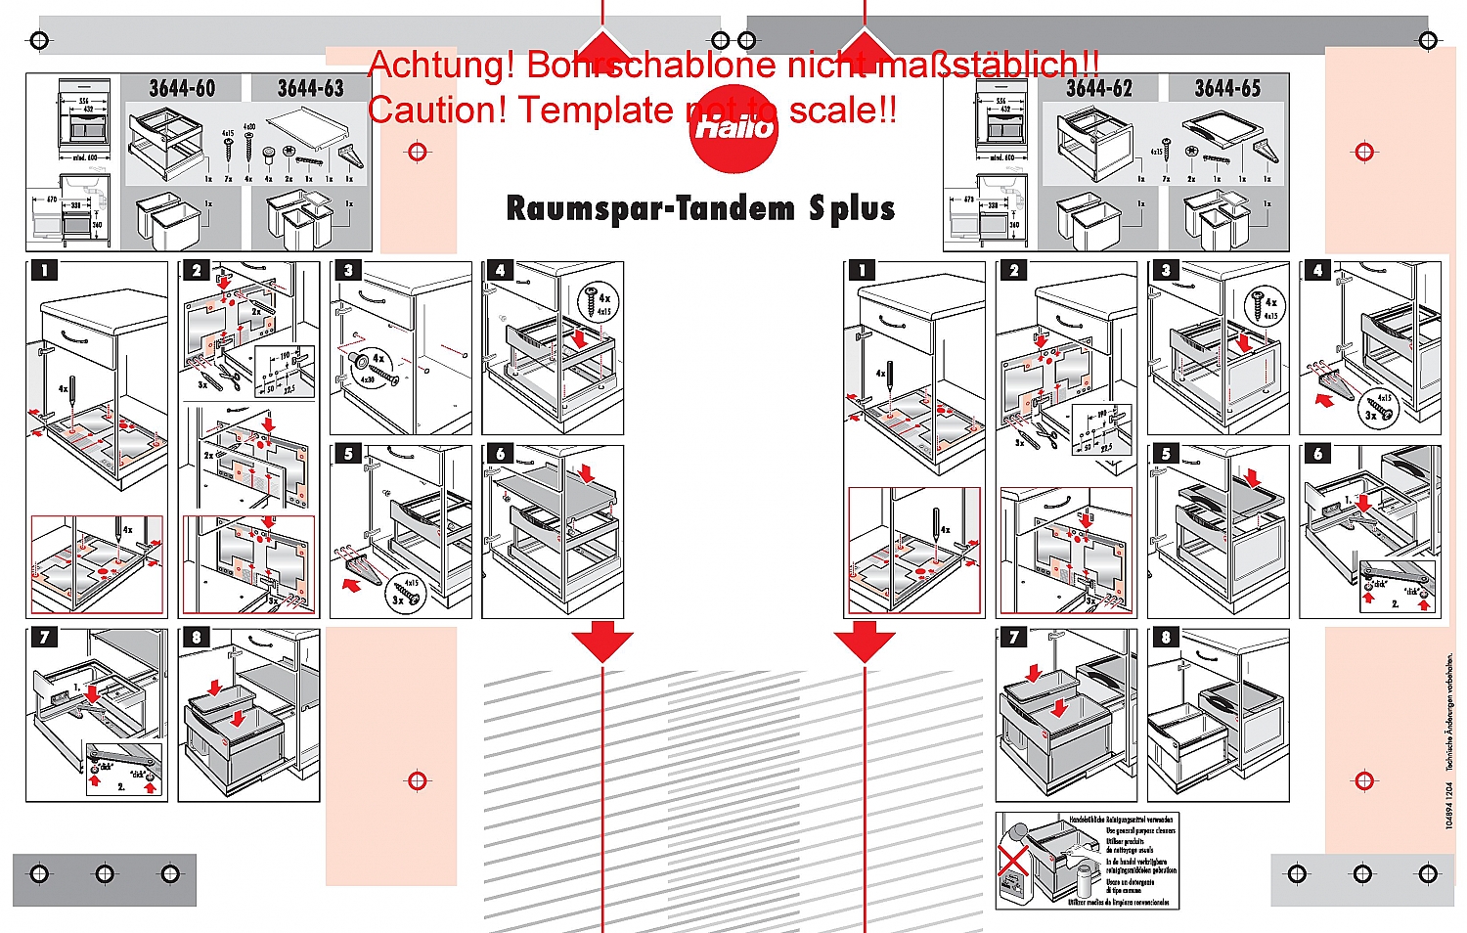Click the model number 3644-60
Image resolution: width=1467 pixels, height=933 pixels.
click(182, 89)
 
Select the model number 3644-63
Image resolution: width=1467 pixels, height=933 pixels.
click(310, 89)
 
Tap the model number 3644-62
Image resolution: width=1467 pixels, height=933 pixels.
click(1098, 89)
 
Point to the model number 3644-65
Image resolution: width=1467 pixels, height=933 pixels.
click(1227, 89)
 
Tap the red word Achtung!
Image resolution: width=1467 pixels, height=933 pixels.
click(442, 66)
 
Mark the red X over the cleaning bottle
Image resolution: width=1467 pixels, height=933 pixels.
click(1013, 862)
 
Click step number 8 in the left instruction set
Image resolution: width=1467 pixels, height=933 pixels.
click(196, 638)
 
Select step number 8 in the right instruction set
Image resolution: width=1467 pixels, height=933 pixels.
click(1165, 638)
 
